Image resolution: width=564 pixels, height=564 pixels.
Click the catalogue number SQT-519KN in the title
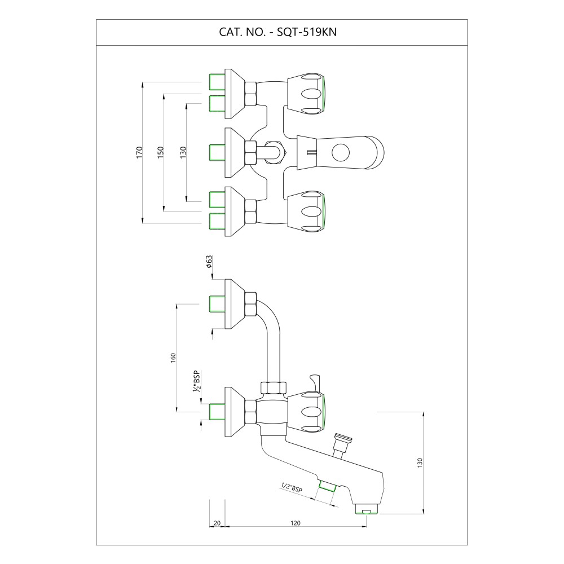(306, 32)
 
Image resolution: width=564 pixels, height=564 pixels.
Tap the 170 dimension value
(139, 152)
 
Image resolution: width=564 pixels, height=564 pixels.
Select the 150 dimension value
(160, 152)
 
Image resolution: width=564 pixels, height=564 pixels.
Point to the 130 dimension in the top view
(183, 152)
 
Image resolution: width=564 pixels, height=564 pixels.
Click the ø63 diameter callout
(209, 262)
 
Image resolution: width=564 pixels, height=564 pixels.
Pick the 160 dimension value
(173, 358)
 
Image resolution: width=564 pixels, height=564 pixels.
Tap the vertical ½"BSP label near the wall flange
(196, 381)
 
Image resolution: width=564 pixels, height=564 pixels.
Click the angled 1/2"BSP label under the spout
(292, 488)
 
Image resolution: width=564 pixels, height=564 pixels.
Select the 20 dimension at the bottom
(217, 523)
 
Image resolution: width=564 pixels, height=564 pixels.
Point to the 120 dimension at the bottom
(296, 523)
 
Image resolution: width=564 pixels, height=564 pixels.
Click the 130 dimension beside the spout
(420, 463)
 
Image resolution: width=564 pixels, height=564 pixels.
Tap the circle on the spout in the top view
(340, 152)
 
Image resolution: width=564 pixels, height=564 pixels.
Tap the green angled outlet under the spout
(327, 486)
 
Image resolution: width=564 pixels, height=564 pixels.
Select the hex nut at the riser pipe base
(274, 387)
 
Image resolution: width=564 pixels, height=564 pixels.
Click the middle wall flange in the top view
(235, 152)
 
